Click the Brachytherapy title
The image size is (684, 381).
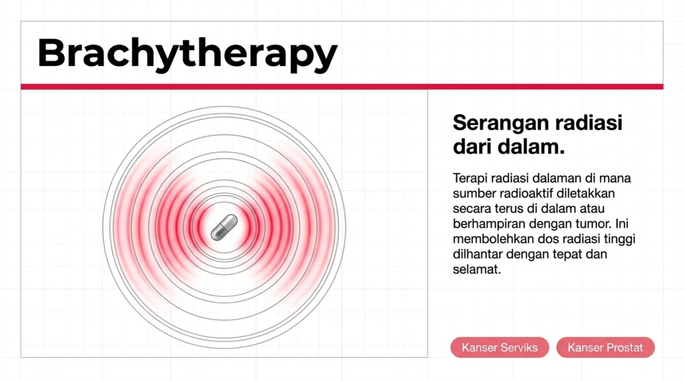click(188, 53)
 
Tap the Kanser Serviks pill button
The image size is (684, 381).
click(500, 348)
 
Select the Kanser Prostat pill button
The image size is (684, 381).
click(605, 348)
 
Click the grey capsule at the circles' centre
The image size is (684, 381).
click(224, 228)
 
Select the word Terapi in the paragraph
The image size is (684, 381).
click(469, 179)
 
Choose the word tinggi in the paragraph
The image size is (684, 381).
click(618, 239)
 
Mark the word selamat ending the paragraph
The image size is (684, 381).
click(476, 270)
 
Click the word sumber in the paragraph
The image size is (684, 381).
click(472, 194)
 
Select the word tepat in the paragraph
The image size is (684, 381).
click(570, 254)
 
